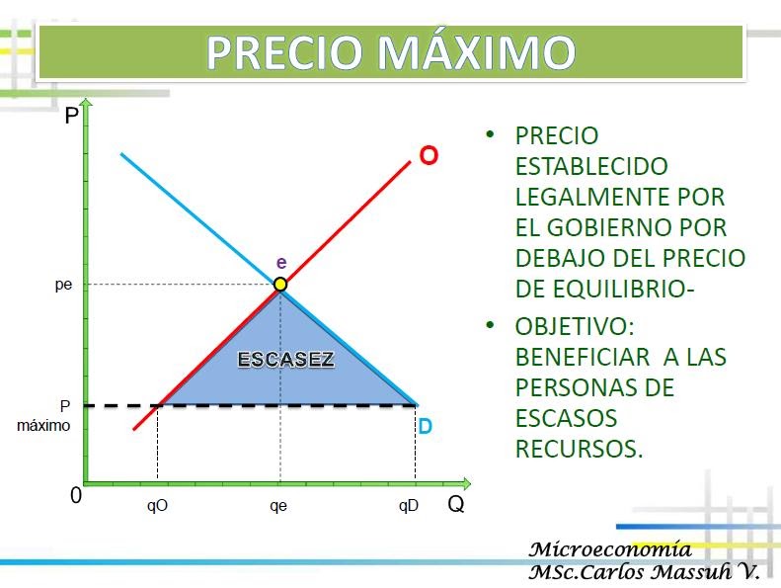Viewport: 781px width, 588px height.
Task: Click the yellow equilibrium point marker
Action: click(280, 285)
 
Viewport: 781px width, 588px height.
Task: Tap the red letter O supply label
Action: click(429, 156)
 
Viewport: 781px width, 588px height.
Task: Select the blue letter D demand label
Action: click(425, 427)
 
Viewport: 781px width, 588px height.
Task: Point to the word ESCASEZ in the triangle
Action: click(286, 360)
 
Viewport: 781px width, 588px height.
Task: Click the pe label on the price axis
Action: click(63, 286)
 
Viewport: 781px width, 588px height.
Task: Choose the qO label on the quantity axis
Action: click(157, 506)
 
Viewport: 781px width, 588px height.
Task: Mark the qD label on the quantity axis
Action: click(409, 506)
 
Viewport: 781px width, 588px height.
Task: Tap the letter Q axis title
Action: click(455, 504)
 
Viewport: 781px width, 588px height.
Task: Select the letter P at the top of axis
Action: click(71, 117)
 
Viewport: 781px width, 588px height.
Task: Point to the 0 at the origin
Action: click(75, 496)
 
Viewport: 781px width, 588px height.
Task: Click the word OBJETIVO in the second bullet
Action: click(573, 325)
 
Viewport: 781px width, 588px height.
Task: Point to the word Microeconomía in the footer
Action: click(610, 549)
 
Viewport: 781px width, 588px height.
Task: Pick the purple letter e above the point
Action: click(281, 262)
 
